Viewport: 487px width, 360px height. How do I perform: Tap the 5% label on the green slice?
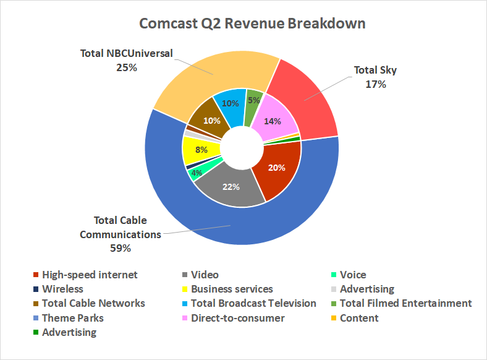tap(253, 100)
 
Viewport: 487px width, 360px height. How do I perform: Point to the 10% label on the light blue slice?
tap(230, 103)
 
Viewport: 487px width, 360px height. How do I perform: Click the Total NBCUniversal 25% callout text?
tap(126, 60)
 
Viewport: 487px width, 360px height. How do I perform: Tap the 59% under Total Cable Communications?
tap(121, 249)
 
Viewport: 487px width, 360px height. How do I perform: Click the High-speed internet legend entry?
tap(90, 275)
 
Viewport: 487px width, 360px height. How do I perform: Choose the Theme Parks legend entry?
tap(73, 318)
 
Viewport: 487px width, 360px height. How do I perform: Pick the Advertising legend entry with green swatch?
tap(69, 332)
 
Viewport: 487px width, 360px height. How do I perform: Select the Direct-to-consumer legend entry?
tap(238, 318)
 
